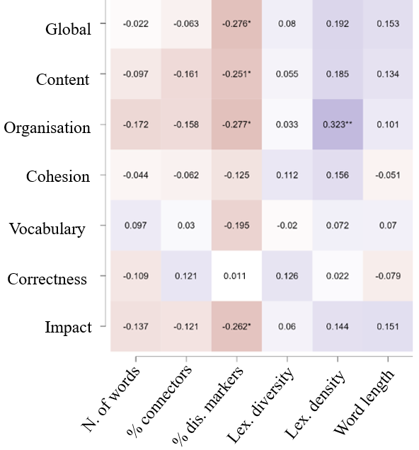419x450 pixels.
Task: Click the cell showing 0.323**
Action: (x=337, y=125)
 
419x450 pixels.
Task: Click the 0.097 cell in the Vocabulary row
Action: (x=135, y=225)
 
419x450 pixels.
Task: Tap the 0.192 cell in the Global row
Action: (x=337, y=24)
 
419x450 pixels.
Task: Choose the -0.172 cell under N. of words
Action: (x=135, y=125)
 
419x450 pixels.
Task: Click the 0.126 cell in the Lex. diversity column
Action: (x=287, y=276)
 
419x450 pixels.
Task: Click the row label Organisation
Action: (x=47, y=128)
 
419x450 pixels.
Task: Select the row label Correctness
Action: (x=47, y=279)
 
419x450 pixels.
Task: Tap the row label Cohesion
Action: (x=58, y=177)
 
